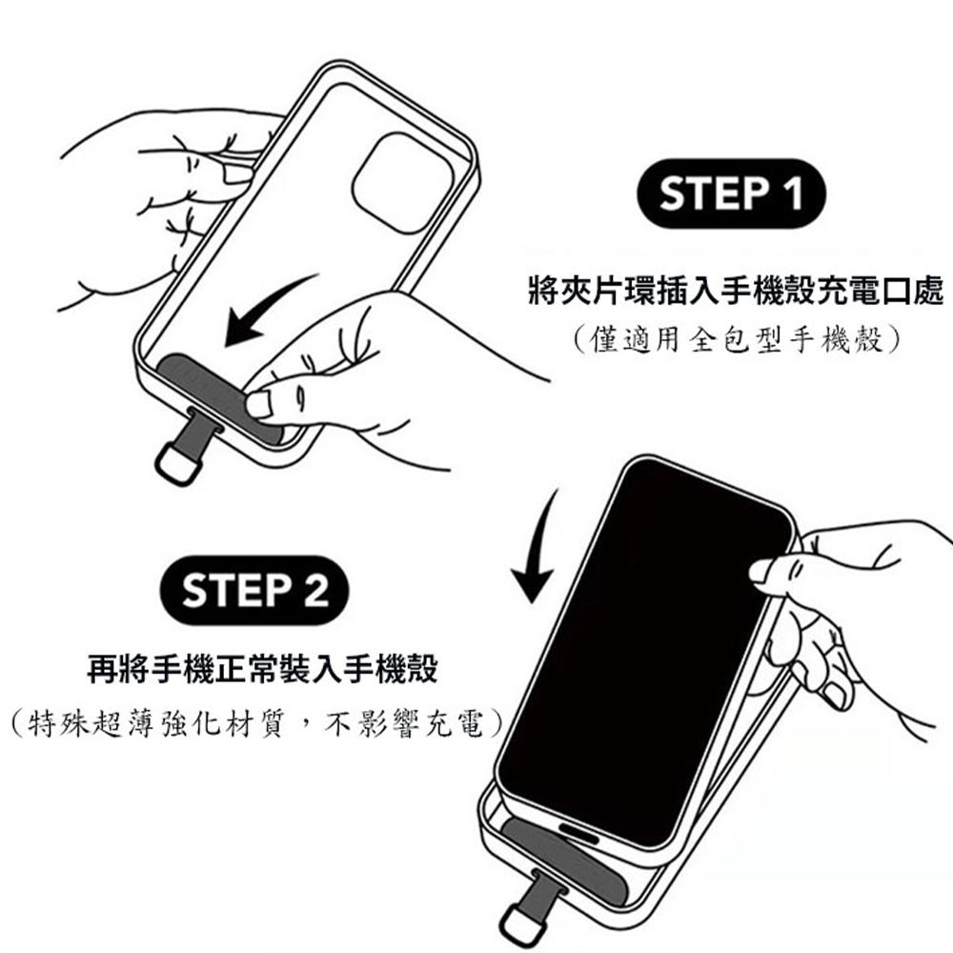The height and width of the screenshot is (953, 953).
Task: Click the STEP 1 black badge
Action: point(731,193)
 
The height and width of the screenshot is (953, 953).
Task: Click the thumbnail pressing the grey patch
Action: point(259,404)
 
